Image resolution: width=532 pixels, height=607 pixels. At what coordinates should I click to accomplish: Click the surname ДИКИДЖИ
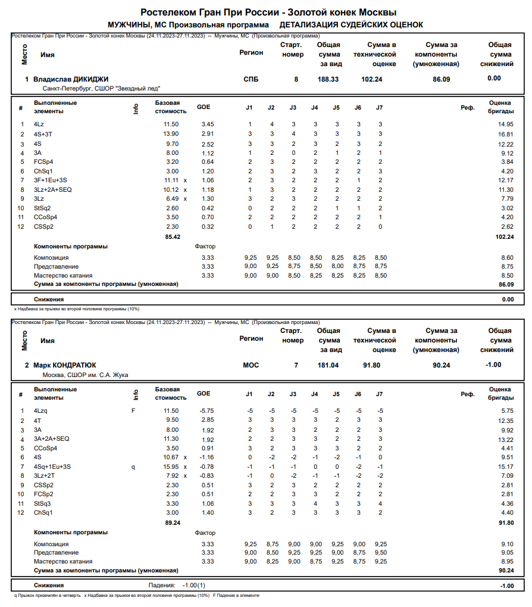coord(89,79)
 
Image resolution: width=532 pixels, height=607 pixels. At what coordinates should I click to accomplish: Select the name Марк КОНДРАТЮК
coord(64,365)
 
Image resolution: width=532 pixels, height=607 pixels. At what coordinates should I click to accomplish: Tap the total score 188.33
coord(328,79)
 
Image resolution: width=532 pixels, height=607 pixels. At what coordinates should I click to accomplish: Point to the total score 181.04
coord(328,365)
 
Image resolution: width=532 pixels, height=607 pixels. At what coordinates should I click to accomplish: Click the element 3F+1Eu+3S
coord(51,180)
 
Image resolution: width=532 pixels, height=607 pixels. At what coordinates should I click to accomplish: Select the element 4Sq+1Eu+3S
coord(52,466)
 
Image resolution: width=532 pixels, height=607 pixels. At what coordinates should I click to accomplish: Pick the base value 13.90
coord(171,134)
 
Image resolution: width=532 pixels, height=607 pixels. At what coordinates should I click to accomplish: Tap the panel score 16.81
coord(505,134)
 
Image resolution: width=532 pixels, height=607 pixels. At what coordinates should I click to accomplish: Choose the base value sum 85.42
coord(173,236)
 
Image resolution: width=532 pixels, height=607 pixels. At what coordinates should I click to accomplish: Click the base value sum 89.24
coord(173,522)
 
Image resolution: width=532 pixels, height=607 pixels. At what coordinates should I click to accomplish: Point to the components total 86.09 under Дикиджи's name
coord(442,79)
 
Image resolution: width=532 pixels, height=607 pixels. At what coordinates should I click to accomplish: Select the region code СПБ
coord(251,79)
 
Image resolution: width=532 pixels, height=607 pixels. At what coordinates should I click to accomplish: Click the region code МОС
coord(251,365)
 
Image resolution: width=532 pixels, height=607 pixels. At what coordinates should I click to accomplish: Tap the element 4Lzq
coord(40,411)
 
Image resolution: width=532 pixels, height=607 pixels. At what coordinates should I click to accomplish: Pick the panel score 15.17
coord(505,466)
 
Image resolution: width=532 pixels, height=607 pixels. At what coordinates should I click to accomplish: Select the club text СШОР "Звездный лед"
coord(130,88)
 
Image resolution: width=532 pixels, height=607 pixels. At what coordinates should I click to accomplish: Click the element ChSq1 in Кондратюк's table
coord(43,513)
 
